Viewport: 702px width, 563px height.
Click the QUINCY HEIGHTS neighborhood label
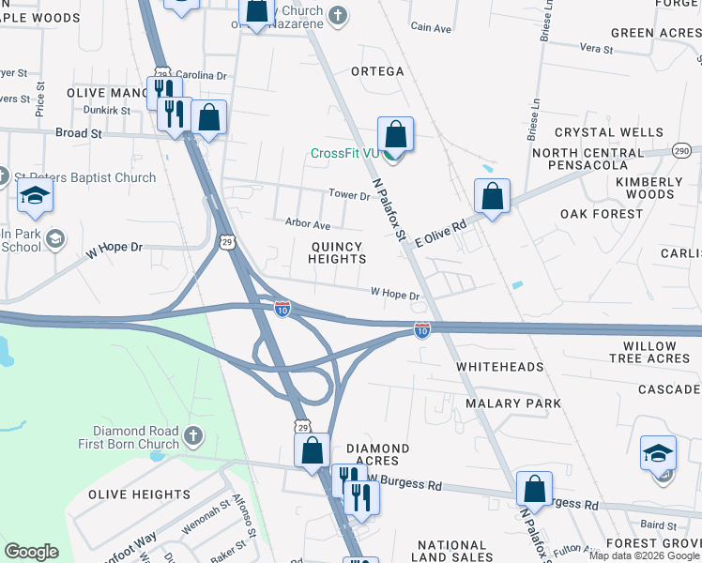(x=336, y=252)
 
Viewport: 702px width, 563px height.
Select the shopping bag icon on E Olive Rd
(x=492, y=197)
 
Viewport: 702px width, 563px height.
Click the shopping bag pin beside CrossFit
(x=396, y=134)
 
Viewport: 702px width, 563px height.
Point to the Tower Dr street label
(x=350, y=195)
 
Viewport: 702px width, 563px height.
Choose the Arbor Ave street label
(x=308, y=225)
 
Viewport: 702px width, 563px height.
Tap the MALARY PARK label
(x=513, y=403)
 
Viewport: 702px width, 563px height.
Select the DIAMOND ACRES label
(x=378, y=454)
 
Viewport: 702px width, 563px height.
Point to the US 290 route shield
(x=680, y=150)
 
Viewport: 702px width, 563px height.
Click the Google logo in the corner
(x=31, y=552)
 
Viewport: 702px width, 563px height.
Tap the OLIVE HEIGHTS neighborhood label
(x=139, y=495)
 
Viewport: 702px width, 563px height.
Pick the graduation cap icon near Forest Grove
(x=658, y=453)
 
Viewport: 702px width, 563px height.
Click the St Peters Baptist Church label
(x=84, y=177)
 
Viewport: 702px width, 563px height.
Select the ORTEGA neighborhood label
(x=377, y=71)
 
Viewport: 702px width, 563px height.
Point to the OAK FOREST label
(x=602, y=214)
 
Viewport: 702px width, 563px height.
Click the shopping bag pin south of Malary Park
(x=534, y=489)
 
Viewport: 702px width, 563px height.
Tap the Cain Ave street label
(x=432, y=28)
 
